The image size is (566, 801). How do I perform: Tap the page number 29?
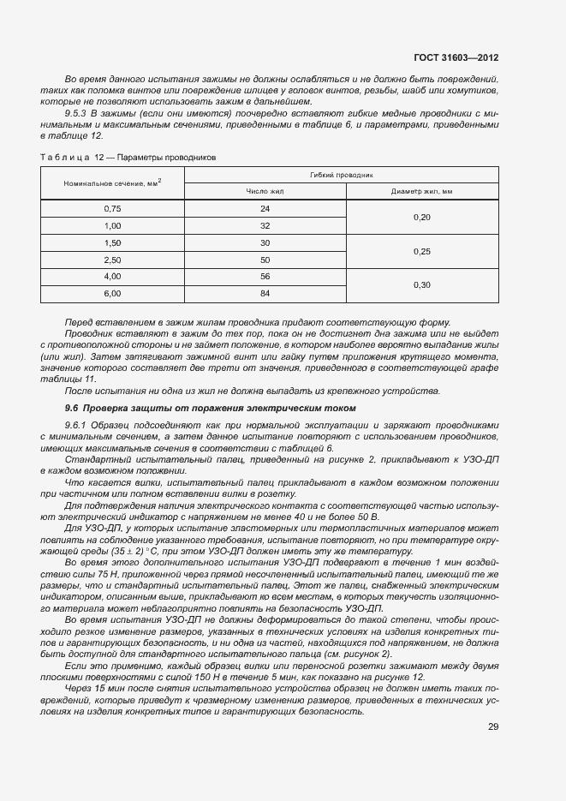pyautogui.click(x=493, y=726)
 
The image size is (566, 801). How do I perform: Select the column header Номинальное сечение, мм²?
pyautogui.click(x=112, y=183)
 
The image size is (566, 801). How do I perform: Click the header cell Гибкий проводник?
pyautogui.click(x=341, y=174)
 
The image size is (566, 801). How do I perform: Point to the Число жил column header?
pyautogui.click(x=265, y=192)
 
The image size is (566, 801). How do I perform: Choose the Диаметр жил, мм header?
pyautogui.click(x=421, y=192)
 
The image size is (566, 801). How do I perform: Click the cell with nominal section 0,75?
pyautogui.click(x=112, y=209)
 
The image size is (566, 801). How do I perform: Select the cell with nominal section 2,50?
pyautogui.click(x=112, y=260)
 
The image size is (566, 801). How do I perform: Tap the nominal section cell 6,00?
pyautogui.click(x=112, y=293)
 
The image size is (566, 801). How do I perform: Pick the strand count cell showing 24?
pyautogui.click(x=265, y=209)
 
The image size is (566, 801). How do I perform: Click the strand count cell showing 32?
pyautogui.click(x=265, y=226)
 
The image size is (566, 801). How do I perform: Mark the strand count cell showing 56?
pyautogui.click(x=265, y=277)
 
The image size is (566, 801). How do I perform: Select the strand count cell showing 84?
pyautogui.click(x=265, y=293)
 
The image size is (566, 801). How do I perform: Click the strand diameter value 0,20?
pyautogui.click(x=421, y=218)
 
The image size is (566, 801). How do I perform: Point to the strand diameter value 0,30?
pyautogui.click(x=421, y=284)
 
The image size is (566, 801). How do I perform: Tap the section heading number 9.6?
pyautogui.click(x=72, y=408)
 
